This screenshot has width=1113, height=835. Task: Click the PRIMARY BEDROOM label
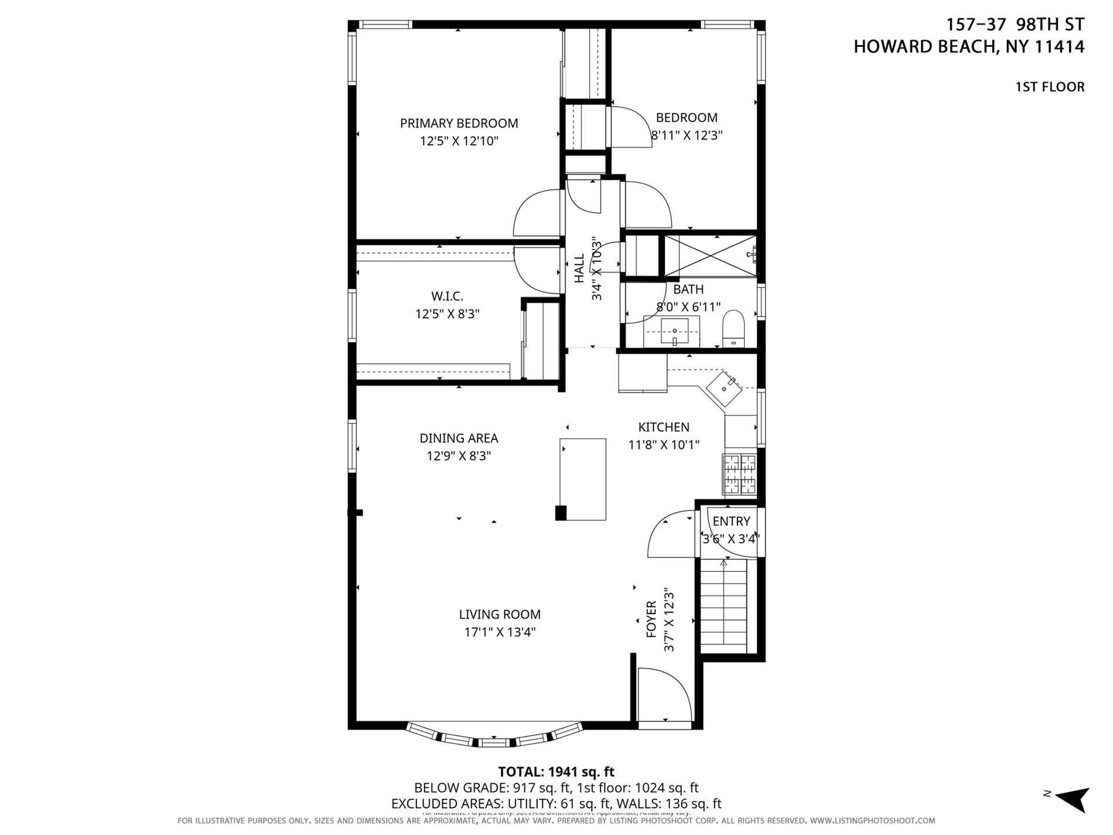click(459, 124)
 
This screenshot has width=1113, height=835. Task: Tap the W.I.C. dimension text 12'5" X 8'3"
click(447, 314)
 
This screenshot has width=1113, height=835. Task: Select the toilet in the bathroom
click(733, 329)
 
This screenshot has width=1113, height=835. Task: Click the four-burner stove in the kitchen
click(740, 475)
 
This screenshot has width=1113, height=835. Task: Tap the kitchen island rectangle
click(583, 479)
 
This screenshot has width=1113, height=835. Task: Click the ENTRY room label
click(731, 522)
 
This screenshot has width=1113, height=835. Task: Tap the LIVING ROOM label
click(499, 615)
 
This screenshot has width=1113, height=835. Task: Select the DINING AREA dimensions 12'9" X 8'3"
click(458, 456)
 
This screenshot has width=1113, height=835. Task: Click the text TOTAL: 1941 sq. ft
click(555, 772)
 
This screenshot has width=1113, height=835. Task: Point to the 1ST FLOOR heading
click(1049, 87)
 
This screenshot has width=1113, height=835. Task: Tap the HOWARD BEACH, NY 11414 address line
click(968, 47)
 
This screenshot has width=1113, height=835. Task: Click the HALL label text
click(579, 268)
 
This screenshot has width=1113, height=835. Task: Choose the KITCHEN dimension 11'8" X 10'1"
click(664, 445)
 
